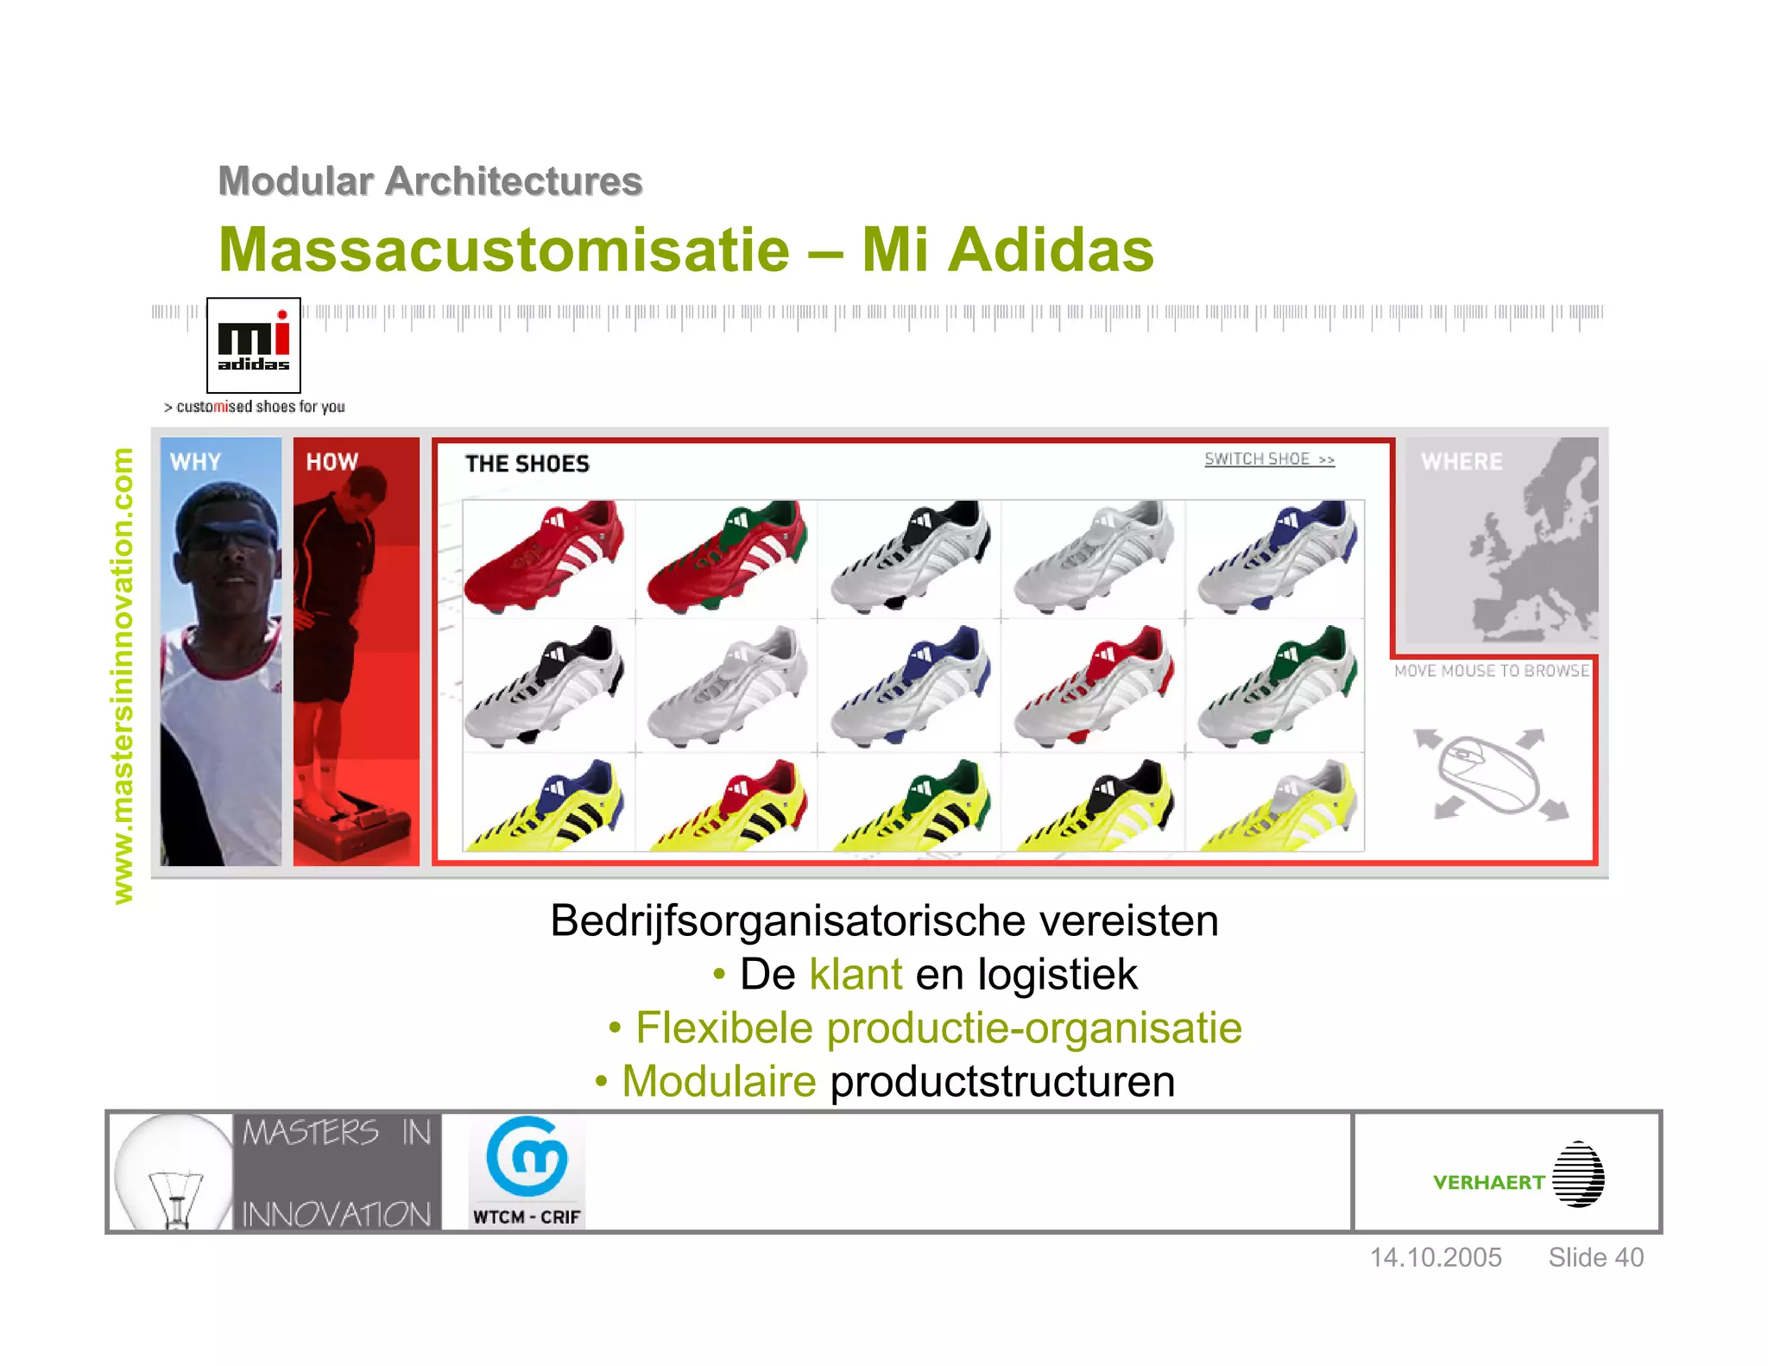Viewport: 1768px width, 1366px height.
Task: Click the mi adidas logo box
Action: (253, 345)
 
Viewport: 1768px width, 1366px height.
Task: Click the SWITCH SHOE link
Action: (1268, 459)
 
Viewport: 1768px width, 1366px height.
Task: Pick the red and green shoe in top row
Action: (728, 557)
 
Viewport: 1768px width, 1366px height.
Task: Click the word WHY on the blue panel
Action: (196, 462)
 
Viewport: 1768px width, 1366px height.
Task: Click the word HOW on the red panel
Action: (332, 462)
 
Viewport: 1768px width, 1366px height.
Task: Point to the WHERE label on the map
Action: (1462, 462)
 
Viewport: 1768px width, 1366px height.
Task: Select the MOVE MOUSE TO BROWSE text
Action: (1491, 671)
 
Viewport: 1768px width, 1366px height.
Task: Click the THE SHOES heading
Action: (527, 465)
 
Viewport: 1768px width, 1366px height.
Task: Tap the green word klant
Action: (856, 974)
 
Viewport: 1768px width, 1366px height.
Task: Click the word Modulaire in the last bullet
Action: (718, 1081)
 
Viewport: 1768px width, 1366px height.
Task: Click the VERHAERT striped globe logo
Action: (1578, 1174)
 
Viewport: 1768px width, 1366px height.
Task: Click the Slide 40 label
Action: (1595, 1257)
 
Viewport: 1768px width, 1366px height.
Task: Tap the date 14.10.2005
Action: (1436, 1257)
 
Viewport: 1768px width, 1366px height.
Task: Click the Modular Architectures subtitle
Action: (430, 181)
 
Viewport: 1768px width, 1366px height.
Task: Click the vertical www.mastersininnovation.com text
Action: (123, 675)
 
